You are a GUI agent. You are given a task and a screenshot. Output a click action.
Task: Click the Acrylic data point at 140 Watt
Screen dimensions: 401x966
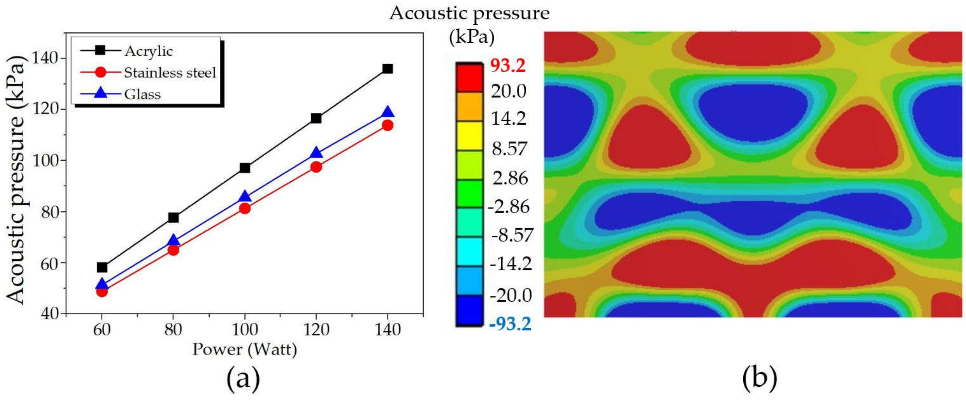387,69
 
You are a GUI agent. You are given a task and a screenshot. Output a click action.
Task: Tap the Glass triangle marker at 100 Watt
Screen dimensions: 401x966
244,196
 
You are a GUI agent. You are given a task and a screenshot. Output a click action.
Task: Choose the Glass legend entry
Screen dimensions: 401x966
142,94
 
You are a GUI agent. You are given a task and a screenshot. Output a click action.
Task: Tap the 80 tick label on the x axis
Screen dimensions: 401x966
173,329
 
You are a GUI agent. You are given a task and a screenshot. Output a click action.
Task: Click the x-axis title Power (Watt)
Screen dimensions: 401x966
244,350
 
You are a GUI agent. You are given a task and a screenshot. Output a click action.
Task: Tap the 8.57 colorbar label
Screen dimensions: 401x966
509,149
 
